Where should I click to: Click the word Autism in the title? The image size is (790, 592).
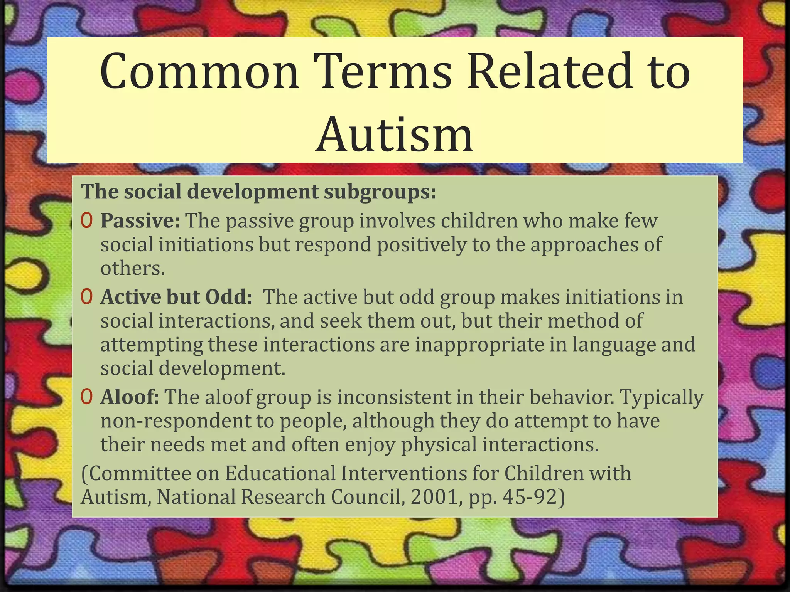[x=394, y=134]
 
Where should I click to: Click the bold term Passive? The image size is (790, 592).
[x=140, y=221]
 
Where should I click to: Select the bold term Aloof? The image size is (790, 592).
[x=130, y=397]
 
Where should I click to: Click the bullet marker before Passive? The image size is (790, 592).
[x=86, y=221]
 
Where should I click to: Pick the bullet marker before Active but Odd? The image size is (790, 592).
[x=86, y=297]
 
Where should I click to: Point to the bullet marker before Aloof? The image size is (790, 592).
[x=86, y=397]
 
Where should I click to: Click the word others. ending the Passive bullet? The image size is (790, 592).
[x=133, y=268]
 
